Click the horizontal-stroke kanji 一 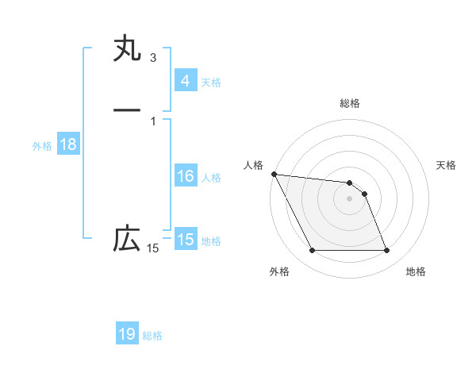(127, 109)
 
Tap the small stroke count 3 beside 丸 (153, 58)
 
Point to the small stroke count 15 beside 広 (152, 249)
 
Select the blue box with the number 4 (185, 81)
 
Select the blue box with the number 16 (185, 176)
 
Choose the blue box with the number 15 (185, 240)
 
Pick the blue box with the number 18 (67, 144)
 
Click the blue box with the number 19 (127, 334)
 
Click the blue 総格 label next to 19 (152, 336)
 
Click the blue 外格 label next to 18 (42, 146)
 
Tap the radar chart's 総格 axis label (350, 103)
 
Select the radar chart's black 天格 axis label (446, 165)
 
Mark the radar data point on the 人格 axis (274, 174)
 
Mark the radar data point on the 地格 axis (387, 251)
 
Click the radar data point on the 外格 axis (312, 251)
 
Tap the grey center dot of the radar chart (350, 198)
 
